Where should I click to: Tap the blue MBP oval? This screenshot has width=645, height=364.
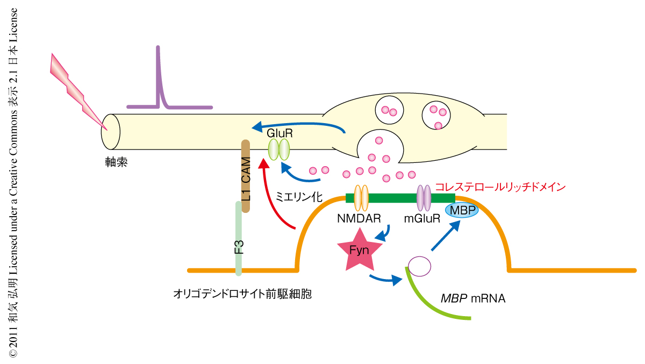(461, 210)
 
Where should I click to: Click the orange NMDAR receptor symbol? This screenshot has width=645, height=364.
(361, 197)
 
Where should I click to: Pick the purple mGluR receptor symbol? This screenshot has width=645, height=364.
(424, 197)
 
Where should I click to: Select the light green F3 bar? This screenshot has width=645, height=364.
(238, 237)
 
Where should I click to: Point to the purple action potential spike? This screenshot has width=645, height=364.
(159, 81)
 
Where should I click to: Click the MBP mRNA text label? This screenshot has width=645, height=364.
(473, 298)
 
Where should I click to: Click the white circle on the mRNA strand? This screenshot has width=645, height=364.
(419, 266)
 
